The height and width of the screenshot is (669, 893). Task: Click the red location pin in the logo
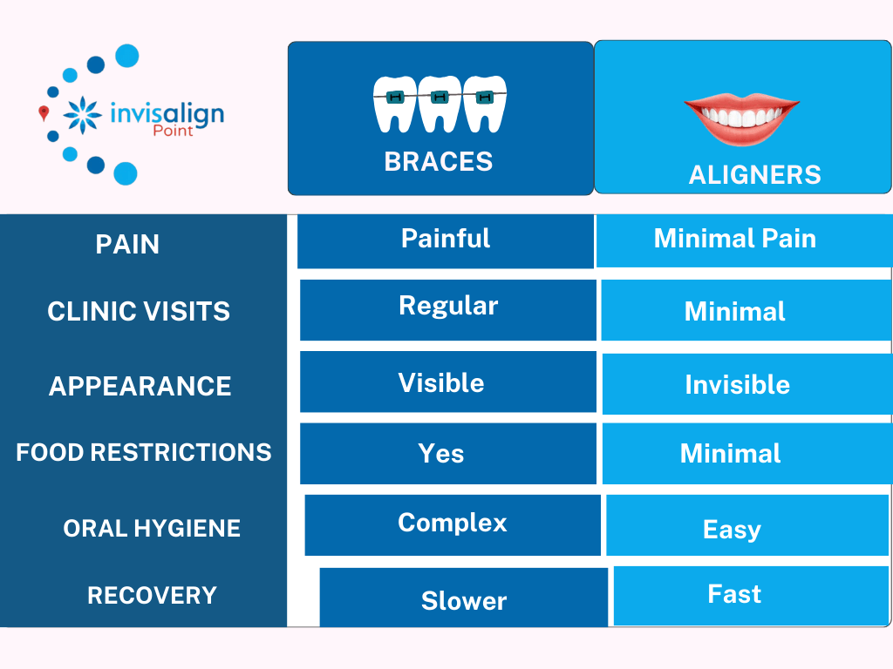44,112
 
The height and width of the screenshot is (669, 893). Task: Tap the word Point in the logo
174,131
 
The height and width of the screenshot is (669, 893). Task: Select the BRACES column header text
439,161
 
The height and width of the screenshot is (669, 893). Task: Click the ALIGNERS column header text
754,174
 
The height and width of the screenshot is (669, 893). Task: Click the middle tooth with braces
440,105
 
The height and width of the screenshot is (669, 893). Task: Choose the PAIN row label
127,245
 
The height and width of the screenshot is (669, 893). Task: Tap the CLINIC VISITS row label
139,312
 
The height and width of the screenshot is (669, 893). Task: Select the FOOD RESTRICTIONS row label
144,453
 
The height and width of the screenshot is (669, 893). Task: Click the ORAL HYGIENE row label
152,529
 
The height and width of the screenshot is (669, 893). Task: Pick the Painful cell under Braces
446,241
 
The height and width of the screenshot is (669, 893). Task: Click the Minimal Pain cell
744,241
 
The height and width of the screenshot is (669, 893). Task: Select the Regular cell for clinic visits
448,310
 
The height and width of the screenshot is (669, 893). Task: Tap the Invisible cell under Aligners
747,384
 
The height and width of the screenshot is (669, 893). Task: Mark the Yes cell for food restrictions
448,453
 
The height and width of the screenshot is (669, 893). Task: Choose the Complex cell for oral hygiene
453,525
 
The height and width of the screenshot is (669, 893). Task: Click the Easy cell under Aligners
747,525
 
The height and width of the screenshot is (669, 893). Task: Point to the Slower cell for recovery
464,598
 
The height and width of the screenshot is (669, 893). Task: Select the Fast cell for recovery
751,596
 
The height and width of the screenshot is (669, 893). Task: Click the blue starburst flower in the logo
83,115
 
